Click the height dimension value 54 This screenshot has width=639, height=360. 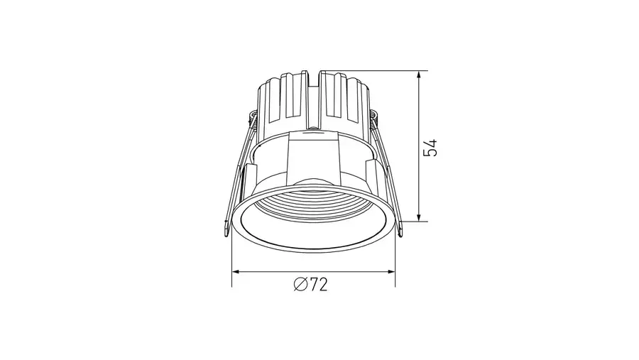click(430, 148)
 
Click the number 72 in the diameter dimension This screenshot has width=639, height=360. click(318, 285)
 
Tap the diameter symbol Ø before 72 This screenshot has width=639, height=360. click(300, 285)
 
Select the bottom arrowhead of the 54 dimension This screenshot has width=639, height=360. click(419, 216)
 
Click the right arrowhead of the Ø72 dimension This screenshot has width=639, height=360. click(389, 271)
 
